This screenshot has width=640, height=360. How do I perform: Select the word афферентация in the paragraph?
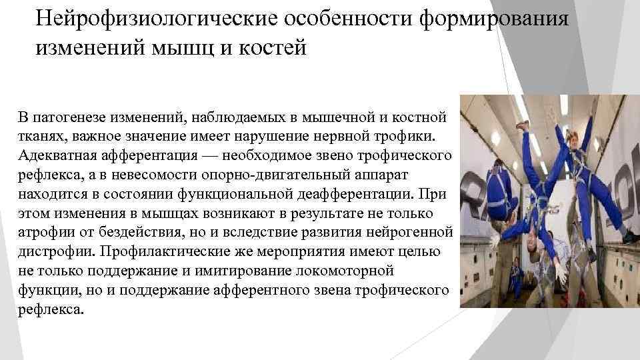152,155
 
